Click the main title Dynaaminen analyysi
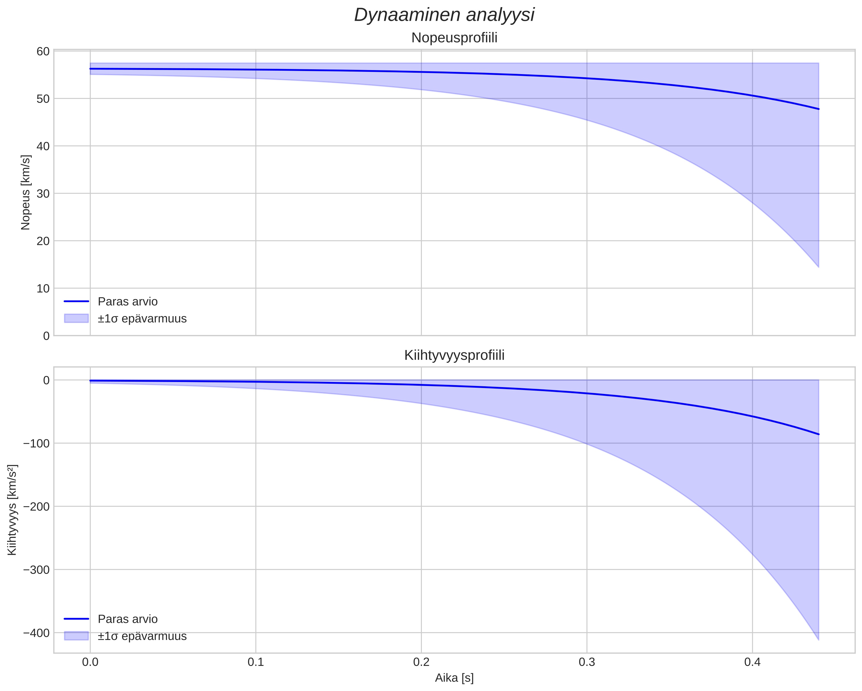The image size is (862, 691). (x=444, y=15)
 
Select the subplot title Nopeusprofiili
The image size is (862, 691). (x=454, y=38)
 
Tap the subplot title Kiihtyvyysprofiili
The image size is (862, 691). (x=454, y=355)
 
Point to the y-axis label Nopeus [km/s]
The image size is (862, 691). (x=26, y=192)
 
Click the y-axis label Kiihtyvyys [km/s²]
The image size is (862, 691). (x=12, y=510)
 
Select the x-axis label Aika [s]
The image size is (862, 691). (x=454, y=678)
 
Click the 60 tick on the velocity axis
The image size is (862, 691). (x=43, y=52)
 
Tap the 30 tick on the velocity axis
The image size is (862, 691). (x=43, y=194)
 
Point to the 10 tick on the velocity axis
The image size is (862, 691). (x=43, y=288)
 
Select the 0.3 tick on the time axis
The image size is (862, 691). (x=587, y=662)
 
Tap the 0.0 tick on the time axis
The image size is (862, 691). (x=90, y=662)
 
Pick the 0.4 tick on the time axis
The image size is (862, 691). (x=752, y=662)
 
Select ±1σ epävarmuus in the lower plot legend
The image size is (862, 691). (x=142, y=636)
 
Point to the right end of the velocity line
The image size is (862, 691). (x=818, y=109)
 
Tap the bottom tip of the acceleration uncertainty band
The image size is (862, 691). (x=818, y=639)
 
